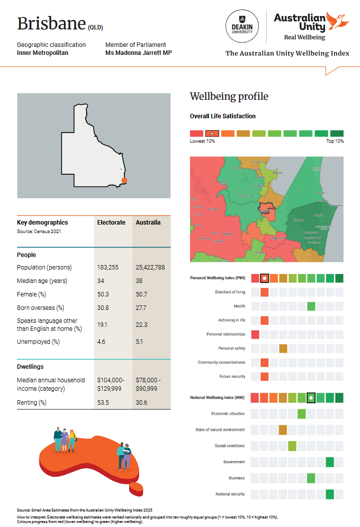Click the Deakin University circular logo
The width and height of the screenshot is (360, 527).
pyautogui.click(x=242, y=26)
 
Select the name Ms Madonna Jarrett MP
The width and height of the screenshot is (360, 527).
pyautogui.click(x=139, y=52)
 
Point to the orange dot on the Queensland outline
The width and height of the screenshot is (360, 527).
pyautogui.click(x=124, y=180)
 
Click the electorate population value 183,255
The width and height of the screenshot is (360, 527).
pyautogui.click(x=108, y=267)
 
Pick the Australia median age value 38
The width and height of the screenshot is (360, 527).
pyautogui.click(x=140, y=281)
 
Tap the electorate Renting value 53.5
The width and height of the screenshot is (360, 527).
pyautogui.click(x=104, y=402)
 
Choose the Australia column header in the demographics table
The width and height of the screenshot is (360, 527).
pyautogui.click(x=148, y=222)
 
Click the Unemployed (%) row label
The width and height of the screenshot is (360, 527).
pyautogui.click(x=38, y=342)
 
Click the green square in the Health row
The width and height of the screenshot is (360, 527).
pyautogui.click(x=311, y=306)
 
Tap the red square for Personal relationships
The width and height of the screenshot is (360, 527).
pyautogui.click(x=255, y=334)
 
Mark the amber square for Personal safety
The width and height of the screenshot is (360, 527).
pyautogui.click(x=283, y=348)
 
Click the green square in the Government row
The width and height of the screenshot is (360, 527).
pyautogui.click(x=330, y=462)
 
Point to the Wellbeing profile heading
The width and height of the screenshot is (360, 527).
pyautogui.click(x=229, y=96)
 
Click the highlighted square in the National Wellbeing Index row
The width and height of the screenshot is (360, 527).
pyautogui.click(x=311, y=398)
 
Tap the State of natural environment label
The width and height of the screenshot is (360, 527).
pyautogui.click(x=220, y=430)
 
